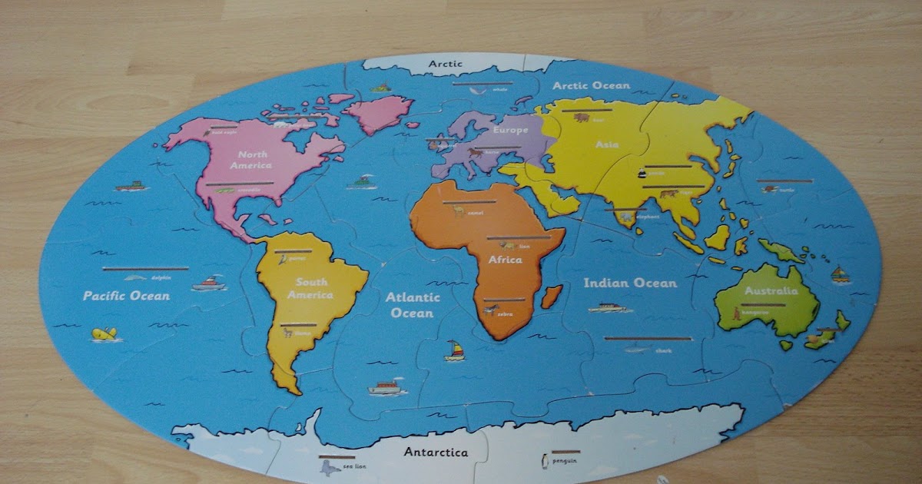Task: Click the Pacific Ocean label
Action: click(x=127, y=296)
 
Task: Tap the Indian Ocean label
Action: click(x=630, y=283)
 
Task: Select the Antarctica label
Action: click(x=436, y=453)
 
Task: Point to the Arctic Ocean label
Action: click(x=591, y=86)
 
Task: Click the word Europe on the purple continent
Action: click(x=510, y=131)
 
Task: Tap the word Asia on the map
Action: click(x=607, y=144)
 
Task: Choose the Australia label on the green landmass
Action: click(x=771, y=291)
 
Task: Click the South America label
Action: click(x=310, y=288)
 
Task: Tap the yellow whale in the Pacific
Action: click(x=104, y=334)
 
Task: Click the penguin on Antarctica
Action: click(x=545, y=460)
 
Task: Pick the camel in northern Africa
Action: click(x=459, y=210)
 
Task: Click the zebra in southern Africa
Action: click(x=492, y=310)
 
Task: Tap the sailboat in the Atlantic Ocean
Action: click(x=455, y=350)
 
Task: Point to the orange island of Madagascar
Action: click(x=552, y=296)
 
